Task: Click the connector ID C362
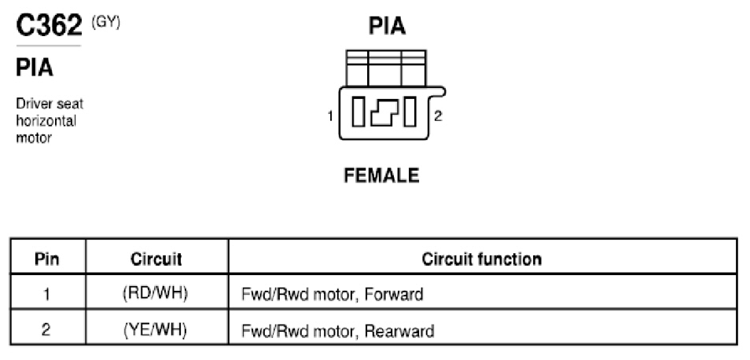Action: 50,25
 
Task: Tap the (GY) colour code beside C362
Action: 105,23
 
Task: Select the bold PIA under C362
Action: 35,68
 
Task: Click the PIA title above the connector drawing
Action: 388,26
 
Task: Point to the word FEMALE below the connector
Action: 382,175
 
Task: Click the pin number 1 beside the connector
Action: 330,116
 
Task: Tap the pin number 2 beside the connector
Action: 438,116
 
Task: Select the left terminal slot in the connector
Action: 358,112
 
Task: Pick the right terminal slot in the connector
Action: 410,112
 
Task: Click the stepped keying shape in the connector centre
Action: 384,112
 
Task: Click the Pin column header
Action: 47,259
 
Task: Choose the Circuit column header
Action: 156,259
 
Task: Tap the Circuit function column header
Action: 482,259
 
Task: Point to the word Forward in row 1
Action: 394,294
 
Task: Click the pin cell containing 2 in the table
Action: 46,330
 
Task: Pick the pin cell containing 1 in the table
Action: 46,293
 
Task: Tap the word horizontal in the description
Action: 46,121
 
